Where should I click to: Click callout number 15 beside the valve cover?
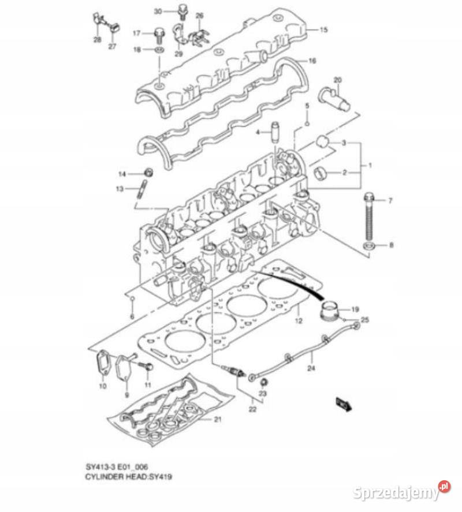coord(323,29)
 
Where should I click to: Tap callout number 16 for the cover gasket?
coord(312,61)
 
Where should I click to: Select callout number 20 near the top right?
coord(338,79)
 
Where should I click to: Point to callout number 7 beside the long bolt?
coord(390,201)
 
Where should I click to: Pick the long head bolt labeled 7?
coord(368,219)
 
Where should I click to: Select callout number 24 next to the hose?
coord(311,368)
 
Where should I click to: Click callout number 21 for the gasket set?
coord(218,420)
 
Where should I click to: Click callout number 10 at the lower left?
coord(102,385)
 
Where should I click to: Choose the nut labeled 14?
coord(148,173)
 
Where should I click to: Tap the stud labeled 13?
coord(142,190)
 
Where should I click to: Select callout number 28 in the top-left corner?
coord(97,40)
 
